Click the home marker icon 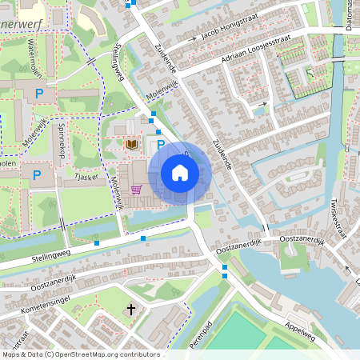pos(180,173)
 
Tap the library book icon pos(132,144)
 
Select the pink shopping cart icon pos(136,190)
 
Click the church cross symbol pos(132,309)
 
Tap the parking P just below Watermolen pos(39,94)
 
